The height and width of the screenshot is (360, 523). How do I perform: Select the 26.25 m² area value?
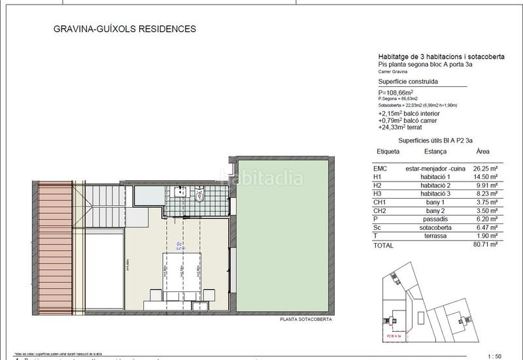485,168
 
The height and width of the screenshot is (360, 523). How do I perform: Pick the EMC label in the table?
382,168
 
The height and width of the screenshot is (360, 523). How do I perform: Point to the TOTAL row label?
384,246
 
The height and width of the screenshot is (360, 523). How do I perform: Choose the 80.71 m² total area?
484,246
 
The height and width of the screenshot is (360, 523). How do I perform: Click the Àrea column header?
482,150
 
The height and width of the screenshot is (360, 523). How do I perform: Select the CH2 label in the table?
382,211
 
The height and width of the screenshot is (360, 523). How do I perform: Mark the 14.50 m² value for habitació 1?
485,176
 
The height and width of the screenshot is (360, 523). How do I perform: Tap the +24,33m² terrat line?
407,128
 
